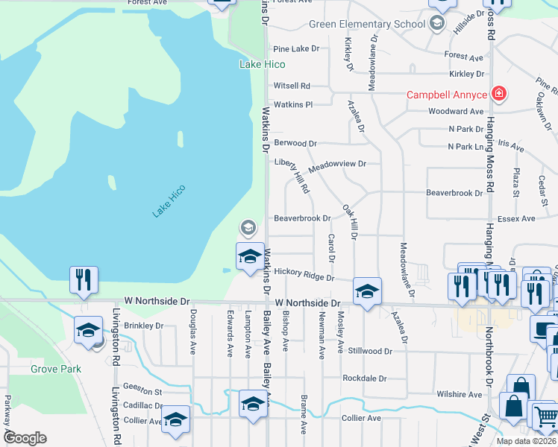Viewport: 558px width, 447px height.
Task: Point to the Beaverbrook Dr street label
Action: [302, 218]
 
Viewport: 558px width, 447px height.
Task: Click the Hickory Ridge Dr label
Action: [304, 276]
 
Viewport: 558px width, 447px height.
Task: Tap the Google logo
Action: [25, 437]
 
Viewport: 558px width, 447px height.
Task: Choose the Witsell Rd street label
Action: [291, 86]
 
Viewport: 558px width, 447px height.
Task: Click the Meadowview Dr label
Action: [337, 165]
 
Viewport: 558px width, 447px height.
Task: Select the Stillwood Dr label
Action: [369, 350]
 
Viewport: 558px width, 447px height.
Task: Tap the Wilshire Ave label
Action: [460, 394]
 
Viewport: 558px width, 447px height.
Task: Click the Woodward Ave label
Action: [456, 111]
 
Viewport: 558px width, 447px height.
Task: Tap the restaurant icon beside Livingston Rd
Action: [83, 280]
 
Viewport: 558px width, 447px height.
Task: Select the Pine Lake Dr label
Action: [295, 48]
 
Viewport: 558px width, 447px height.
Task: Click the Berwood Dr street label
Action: [295, 142]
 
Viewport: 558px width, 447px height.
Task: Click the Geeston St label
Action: [142, 391]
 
